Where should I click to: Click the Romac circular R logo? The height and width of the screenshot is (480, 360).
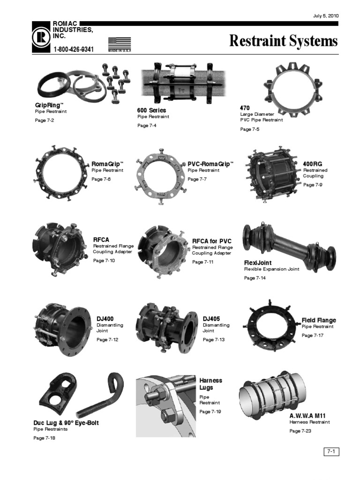42,37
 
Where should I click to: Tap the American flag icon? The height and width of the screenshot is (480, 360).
119,43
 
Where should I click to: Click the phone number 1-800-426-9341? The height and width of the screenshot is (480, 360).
74,49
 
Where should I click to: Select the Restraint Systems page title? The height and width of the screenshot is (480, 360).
283,41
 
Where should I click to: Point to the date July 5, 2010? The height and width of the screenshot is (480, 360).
325,16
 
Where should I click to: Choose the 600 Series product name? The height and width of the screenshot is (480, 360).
151,110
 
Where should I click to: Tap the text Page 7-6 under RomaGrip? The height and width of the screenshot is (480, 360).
101,180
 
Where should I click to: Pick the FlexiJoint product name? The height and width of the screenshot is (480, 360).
257,263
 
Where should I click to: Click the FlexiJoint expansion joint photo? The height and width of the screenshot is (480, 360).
289,247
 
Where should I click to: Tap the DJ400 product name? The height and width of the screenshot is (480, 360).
105,319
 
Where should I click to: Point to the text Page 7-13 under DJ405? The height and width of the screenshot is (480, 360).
213,339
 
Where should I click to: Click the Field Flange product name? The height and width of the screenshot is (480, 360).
319,320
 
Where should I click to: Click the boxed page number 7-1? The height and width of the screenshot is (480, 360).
331,451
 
